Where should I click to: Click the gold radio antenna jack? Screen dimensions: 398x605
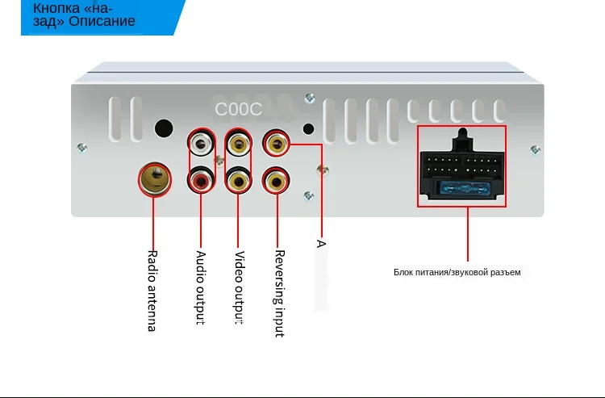point(155,178)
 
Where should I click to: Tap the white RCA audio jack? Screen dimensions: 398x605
point(202,145)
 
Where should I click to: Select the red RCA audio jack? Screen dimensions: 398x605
point(202,179)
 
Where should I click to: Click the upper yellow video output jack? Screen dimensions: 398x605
point(238,145)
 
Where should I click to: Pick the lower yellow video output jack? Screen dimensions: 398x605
point(238,179)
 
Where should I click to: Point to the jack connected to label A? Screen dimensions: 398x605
point(277,145)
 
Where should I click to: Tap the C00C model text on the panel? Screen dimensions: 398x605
point(238,108)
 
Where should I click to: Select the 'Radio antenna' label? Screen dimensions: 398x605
point(152,291)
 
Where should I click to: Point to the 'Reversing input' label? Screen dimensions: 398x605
point(279,292)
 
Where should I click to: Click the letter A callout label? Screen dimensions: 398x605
point(321,242)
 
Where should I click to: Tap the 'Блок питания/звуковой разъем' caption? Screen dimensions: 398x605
point(457,272)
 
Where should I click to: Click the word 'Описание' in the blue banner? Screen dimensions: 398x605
point(102,21)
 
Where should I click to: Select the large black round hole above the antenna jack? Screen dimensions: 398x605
point(164,128)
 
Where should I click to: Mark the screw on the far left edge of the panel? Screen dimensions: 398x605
point(81,147)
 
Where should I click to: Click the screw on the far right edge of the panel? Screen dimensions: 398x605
point(535,149)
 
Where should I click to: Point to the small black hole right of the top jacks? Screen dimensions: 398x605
point(307,128)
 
